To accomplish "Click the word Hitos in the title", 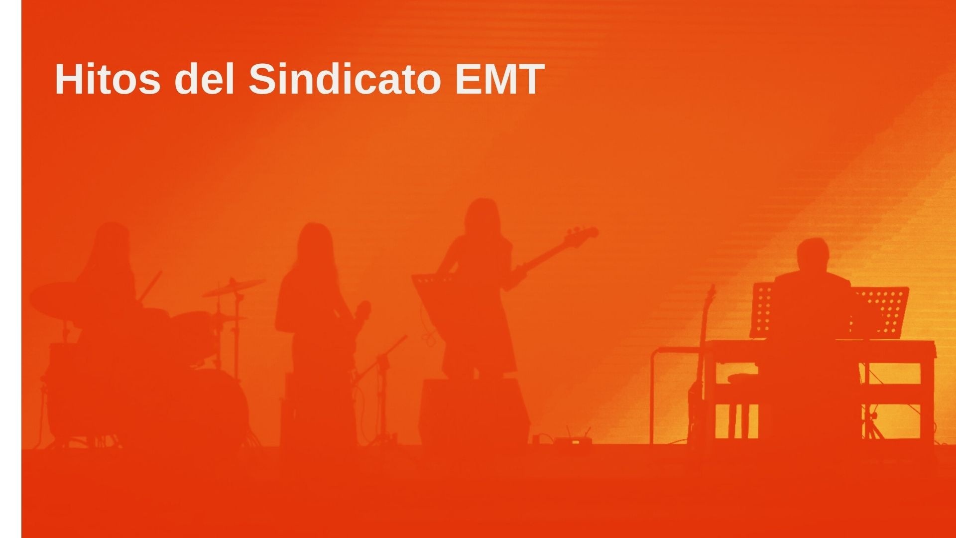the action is point(108,79).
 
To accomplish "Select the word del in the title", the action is point(204,79).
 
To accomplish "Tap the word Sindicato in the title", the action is point(345,79).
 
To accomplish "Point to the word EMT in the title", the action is point(499,79).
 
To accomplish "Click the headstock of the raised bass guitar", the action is point(583,235).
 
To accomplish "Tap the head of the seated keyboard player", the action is point(813,256).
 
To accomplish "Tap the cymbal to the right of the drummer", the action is point(233,287).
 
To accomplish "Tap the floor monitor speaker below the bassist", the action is point(474,411).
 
